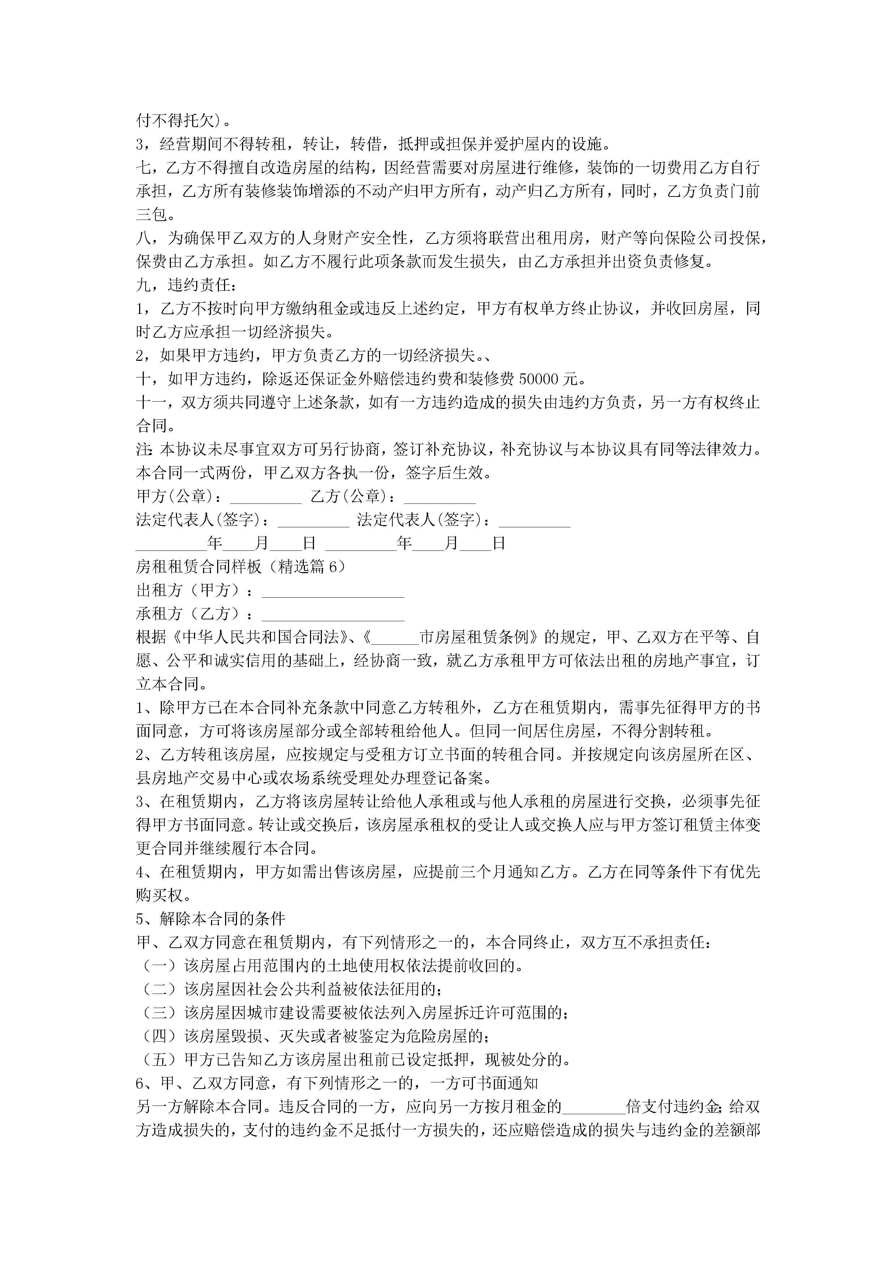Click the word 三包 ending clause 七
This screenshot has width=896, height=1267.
[151, 215]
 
